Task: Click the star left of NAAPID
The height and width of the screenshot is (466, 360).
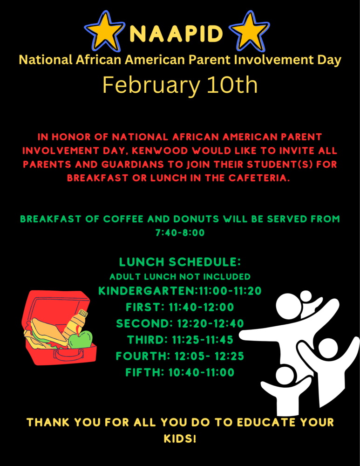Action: [x=104, y=31]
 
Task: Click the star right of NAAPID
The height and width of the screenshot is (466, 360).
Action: [x=249, y=31]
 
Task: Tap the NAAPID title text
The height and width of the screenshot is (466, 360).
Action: [x=177, y=33]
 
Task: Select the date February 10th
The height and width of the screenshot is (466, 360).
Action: [x=180, y=85]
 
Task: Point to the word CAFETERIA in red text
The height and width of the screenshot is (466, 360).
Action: [x=259, y=178]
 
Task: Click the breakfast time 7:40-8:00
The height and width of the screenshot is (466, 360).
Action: [x=180, y=233]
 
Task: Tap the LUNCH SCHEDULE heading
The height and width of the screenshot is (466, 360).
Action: [x=180, y=262]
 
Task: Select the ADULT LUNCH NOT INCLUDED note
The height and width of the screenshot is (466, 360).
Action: [x=180, y=277]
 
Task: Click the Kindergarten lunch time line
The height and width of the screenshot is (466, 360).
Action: [x=180, y=291]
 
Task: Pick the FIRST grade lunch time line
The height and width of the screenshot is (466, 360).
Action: [x=180, y=307]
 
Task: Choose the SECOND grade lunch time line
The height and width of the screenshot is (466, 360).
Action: [x=180, y=324]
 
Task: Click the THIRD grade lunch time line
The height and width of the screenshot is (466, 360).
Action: [x=180, y=340]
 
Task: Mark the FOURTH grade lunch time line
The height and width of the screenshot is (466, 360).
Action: [x=180, y=356]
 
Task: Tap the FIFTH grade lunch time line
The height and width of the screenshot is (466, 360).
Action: [x=180, y=372]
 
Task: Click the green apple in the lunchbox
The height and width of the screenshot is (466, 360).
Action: [x=81, y=339]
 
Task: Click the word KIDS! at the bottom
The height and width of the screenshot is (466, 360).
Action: [x=180, y=439]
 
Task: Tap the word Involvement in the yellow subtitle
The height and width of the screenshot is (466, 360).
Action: [x=273, y=60]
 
